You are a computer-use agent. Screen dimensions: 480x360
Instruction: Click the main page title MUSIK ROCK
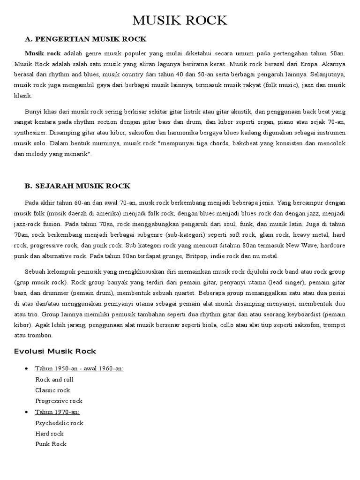[x=180, y=21]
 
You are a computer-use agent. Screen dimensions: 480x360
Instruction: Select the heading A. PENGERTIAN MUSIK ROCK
[x=86, y=39]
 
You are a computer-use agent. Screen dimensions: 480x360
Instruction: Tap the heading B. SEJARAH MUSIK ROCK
[x=77, y=186]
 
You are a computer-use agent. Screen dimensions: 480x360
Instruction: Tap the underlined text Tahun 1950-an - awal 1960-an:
[x=79, y=369]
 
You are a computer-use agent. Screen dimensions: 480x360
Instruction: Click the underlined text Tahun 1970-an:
[x=57, y=412]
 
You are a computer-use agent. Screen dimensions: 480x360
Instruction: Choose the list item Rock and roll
[x=54, y=380]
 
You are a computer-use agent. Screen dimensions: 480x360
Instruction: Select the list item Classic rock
[x=52, y=390]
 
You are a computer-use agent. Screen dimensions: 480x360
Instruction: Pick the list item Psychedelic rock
[x=59, y=423]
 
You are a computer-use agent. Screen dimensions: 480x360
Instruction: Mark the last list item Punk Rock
[x=51, y=444]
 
